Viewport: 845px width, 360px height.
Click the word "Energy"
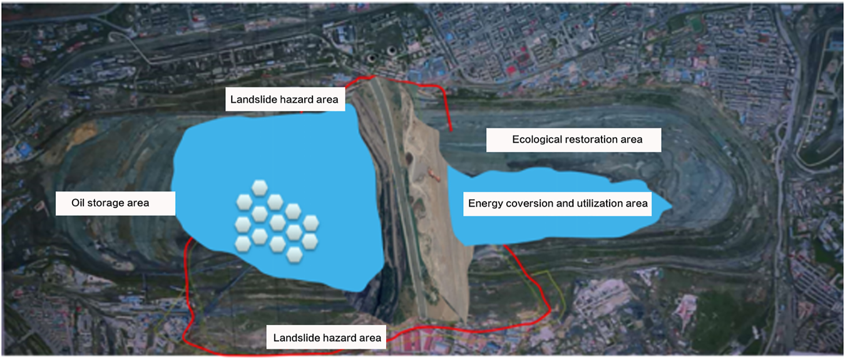click(x=484, y=203)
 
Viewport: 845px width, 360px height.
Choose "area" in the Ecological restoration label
click(x=632, y=139)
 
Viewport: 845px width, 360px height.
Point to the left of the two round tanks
click(x=372, y=58)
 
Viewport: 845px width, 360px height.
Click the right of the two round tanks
click(x=392, y=49)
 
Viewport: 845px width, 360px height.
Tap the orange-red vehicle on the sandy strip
click(x=433, y=175)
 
